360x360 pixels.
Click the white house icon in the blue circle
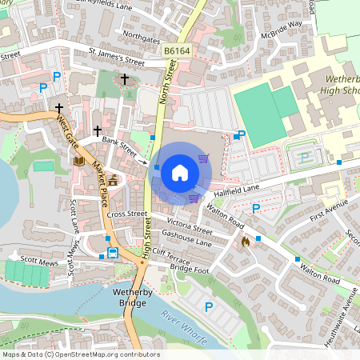point(180,173)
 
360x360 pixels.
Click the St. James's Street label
point(117,60)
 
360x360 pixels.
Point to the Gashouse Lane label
point(186,238)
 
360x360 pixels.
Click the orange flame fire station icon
point(245,240)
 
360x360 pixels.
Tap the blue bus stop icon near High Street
point(113,254)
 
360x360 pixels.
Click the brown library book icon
point(79,161)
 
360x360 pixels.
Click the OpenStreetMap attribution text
point(80,354)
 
